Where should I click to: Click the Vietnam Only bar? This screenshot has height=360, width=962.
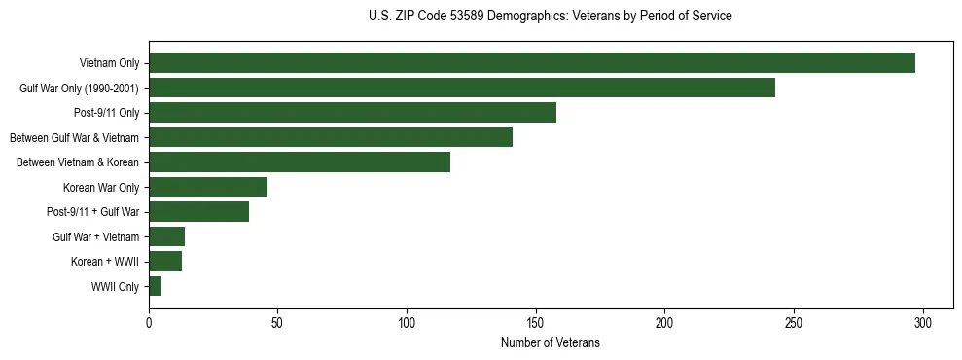point(532,63)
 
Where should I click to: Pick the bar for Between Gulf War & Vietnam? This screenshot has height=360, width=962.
point(331,137)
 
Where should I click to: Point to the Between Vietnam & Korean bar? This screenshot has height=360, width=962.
point(300,162)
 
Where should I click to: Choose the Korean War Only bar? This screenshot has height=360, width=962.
point(208,187)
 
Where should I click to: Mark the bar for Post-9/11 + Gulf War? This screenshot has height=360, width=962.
point(199,212)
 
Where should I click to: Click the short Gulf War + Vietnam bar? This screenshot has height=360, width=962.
point(167,236)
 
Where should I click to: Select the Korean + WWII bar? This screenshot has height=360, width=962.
point(165,262)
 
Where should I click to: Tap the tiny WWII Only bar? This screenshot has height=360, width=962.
point(156,286)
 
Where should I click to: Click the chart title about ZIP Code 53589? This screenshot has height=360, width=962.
point(551,17)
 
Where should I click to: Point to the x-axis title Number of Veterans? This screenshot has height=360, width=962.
point(551,343)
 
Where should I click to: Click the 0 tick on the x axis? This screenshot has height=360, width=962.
point(149,322)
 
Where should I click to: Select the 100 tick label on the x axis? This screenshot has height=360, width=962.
point(407,322)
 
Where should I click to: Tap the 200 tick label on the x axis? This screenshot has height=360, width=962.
point(664,322)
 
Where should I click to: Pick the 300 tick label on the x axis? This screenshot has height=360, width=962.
point(923,322)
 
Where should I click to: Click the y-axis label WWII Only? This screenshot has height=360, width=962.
point(115,287)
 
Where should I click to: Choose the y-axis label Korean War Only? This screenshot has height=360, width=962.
point(101,188)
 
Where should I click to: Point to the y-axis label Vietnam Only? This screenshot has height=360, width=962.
point(109,64)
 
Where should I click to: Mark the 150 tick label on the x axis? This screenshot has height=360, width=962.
point(536,322)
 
